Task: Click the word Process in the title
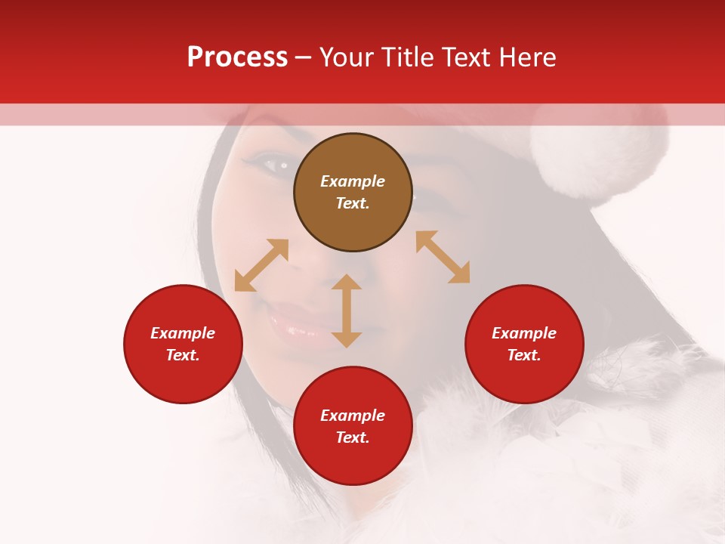pyautogui.click(x=237, y=57)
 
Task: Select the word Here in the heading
pyautogui.click(x=527, y=57)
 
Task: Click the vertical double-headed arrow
pyautogui.click(x=347, y=311)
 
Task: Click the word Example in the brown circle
pyautogui.click(x=353, y=181)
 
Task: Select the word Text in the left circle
pyautogui.click(x=183, y=355)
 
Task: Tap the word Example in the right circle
pyautogui.click(x=524, y=333)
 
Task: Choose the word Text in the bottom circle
pyautogui.click(x=353, y=437)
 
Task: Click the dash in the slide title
pyautogui.click(x=304, y=57)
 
